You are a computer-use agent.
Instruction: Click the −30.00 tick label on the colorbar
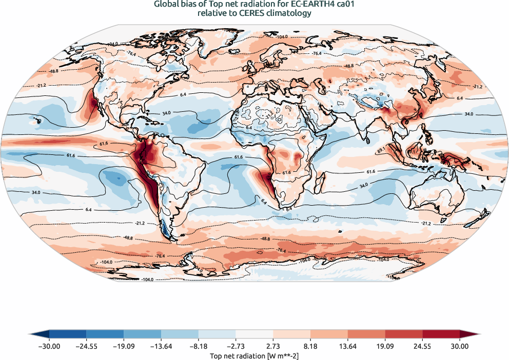pyautogui.click(x=49, y=346)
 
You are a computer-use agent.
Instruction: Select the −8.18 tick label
pyautogui.click(x=198, y=346)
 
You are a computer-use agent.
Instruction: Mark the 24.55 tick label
pyautogui.click(x=423, y=346)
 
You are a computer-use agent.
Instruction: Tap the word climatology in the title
pyautogui.click(x=290, y=14)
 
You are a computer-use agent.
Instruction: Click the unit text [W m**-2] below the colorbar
pyautogui.click(x=282, y=355)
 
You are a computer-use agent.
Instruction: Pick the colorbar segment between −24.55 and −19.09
pyautogui.click(x=105, y=334)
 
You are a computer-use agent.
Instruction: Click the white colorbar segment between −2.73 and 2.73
pyautogui.click(x=254, y=334)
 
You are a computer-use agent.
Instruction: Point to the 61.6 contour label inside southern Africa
pyautogui.click(x=286, y=173)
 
